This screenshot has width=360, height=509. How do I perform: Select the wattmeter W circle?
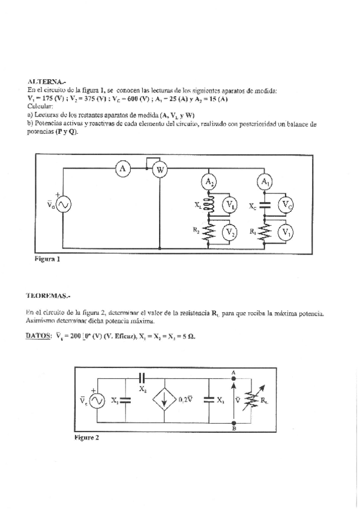pyautogui.click(x=160, y=170)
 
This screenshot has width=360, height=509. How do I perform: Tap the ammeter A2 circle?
pyautogui.click(x=208, y=181)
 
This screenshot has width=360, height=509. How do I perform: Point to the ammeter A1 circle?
pyautogui.click(x=265, y=181)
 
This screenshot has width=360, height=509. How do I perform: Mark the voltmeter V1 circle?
pyautogui.click(x=287, y=232)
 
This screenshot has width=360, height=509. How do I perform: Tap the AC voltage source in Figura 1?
pyautogui.click(x=62, y=205)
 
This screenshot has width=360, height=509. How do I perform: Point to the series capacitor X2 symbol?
pyautogui.click(x=142, y=379)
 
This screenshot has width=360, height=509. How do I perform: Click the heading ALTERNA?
pyautogui.click(x=44, y=80)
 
